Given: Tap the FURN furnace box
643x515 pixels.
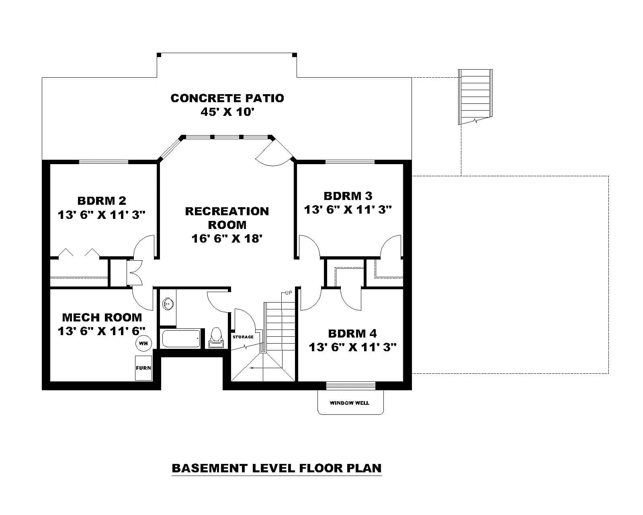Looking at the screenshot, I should [143, 368].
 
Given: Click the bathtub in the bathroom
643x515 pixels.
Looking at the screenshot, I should [181, 339].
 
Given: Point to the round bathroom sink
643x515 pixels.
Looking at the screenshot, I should [168, 304].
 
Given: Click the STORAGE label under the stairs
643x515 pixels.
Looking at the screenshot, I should [243, 337].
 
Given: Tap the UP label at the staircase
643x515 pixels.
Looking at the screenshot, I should [289, 293].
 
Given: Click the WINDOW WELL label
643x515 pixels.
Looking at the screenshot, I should [349, 403].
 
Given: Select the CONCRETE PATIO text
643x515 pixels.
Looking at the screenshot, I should [227, 98].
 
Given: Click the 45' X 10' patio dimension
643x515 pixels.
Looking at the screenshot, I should [227, 112].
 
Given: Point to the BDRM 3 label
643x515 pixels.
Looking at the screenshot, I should [348, 196].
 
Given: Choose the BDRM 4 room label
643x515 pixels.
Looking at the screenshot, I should [352, 333].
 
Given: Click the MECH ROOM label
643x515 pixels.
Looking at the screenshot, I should [102, 317].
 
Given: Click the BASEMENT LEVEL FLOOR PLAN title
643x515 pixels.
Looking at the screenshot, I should [276, 468].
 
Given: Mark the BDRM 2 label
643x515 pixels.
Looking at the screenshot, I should [102, 200].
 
